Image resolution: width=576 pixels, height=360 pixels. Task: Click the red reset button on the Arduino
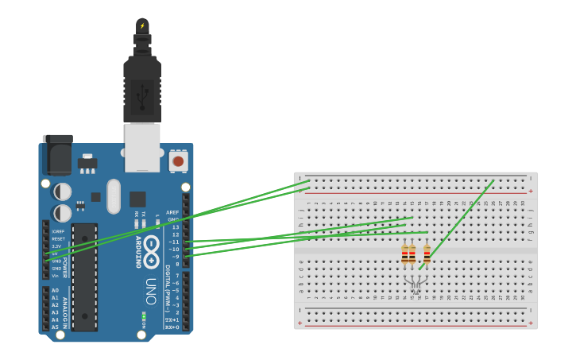coord(178,161)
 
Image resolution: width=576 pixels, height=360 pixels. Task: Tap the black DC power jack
coord(57,156)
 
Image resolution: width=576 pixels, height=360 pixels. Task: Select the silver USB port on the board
coord(142,148)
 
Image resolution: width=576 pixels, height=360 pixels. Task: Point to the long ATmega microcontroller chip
coord(85,277)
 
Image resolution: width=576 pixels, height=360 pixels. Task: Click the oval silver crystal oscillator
coord(113,195)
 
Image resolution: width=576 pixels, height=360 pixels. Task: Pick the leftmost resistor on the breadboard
coord(404,254)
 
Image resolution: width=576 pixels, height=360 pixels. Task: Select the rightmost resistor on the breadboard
coord(427,254)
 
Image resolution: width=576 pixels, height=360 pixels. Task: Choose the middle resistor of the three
coord(412,254)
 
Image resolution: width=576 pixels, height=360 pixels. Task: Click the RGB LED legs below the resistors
coord(416,281)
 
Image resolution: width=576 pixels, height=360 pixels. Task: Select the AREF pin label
coord(172,213)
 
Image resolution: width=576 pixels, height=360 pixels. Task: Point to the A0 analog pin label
coord(55,291)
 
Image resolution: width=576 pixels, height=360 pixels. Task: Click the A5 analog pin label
coord(55,327)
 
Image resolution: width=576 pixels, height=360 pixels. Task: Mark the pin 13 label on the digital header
coord(175,227)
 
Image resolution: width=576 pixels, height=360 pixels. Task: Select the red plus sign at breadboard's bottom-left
coord(300,323)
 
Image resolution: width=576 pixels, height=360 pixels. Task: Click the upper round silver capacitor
coord(62,192)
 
